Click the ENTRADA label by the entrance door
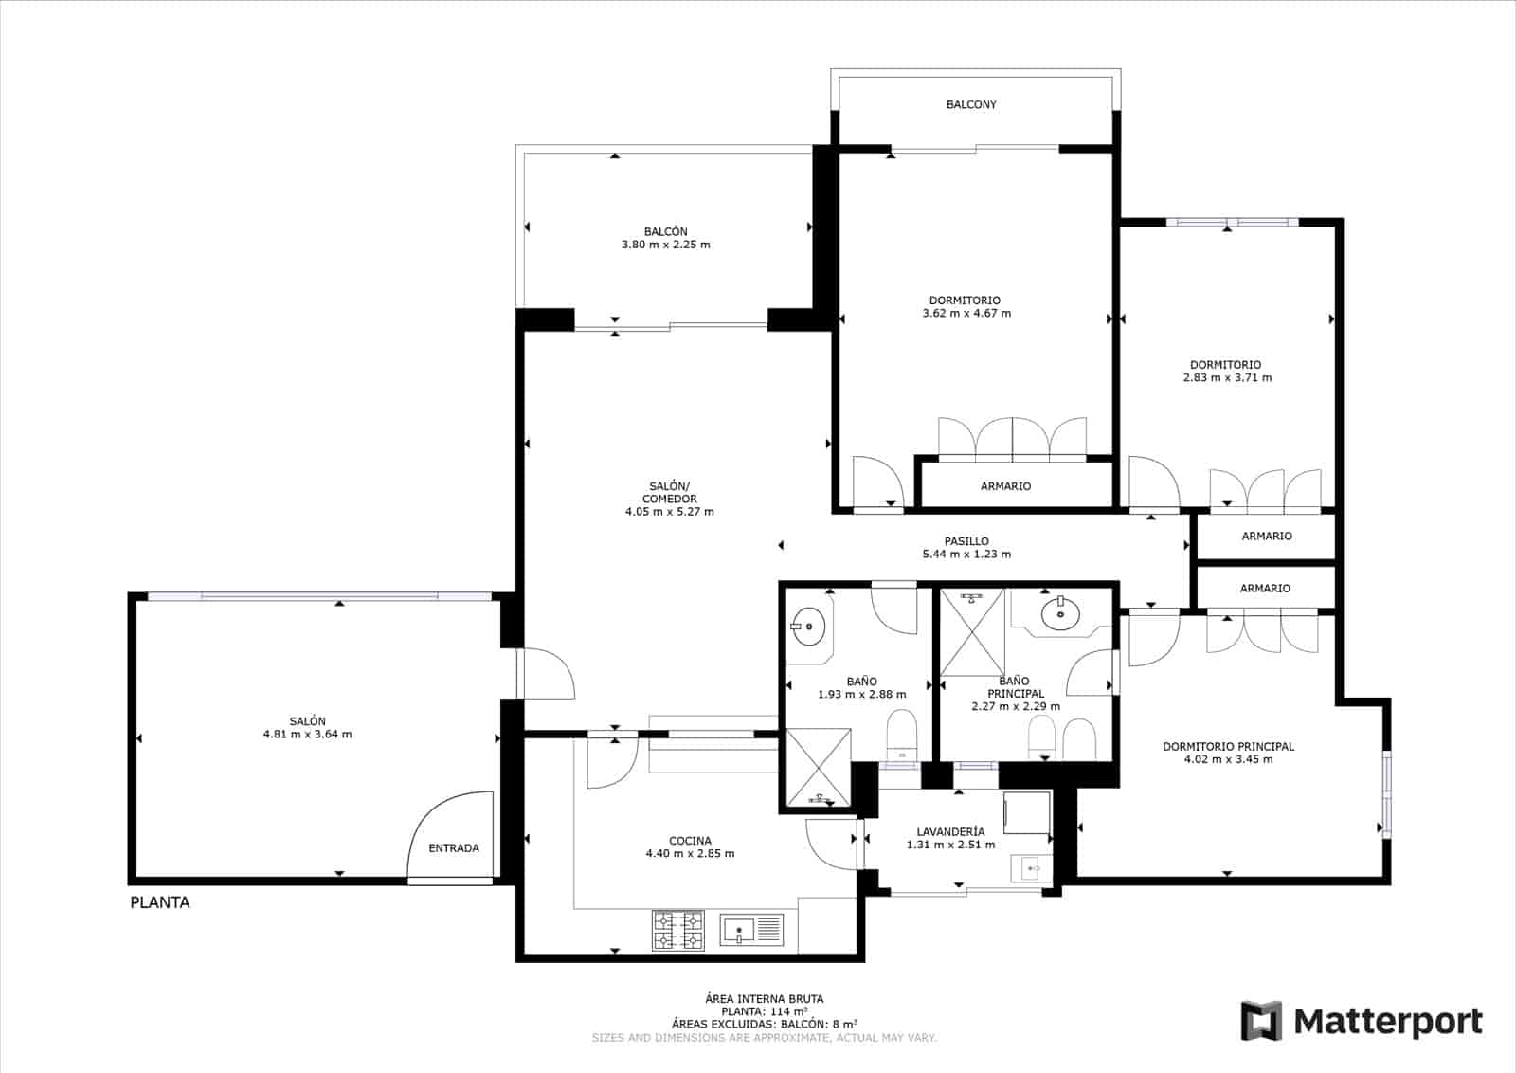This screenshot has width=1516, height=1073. click(x=454, y=848)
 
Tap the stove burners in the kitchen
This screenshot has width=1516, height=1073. click(x=678, y=930)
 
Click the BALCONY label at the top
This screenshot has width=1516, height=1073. click(x=971, y=104)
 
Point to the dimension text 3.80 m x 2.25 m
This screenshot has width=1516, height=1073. click(x=665, y=245)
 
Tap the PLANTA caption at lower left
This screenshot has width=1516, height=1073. click(x=160, y=902)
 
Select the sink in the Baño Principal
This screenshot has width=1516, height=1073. click(x=1059, y=613)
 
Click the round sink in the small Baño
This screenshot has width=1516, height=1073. click(x=809, y=627)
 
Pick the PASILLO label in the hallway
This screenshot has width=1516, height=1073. click(x=966, y=541)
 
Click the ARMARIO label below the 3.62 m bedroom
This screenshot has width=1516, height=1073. click(x=1005, y=486)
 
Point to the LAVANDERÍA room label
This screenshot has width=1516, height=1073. click(x=950, y=831)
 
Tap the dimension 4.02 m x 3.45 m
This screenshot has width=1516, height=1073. click(x=1228, y=759)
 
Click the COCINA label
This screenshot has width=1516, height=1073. click(x=690, y=841)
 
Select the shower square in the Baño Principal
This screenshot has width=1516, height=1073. click(x=970, y=632)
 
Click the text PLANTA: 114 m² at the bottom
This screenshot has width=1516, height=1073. click(x=764, y=1011)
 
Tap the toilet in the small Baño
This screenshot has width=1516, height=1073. click(x=901, y=734)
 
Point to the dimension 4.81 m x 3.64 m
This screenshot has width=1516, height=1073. click(x=307, y=735)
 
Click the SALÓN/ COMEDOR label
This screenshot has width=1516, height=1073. click(x=670, y=493)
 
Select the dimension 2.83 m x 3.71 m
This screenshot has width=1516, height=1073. click(x=1227, y=377)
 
